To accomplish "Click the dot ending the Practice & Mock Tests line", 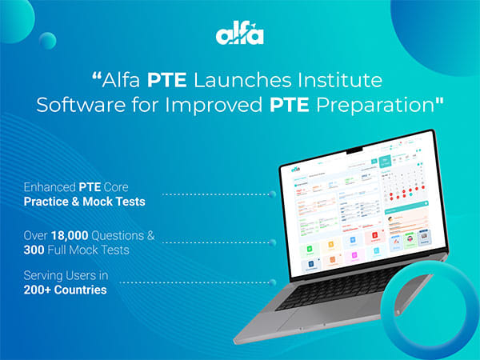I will pos(274,194).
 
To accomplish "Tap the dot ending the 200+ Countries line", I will pos(274,282).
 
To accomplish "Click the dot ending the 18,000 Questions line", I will pos(274,238).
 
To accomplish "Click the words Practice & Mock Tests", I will pos(84,202).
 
